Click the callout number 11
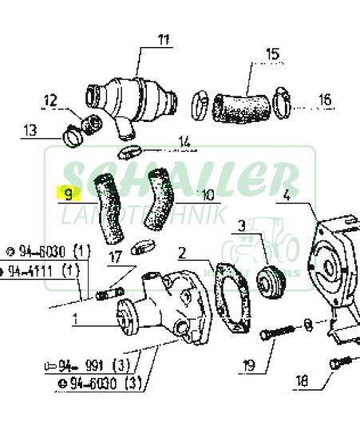coord(164,40)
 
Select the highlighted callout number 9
coord(69,194)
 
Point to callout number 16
coord(325,100)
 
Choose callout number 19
coord(248,367)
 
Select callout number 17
coord(115,258)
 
